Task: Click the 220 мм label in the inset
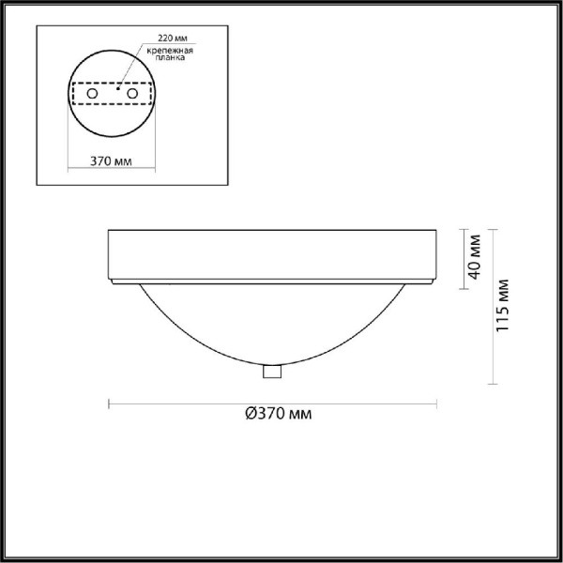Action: point(173,38)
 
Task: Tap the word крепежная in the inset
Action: point(170,51)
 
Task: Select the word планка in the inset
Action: point(170,57)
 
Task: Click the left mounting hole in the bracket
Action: point(92,94)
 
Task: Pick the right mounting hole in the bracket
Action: point(132,94)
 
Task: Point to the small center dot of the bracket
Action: point(117,88)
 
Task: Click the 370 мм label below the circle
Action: point(111,161)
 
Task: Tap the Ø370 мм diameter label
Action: point(279,414)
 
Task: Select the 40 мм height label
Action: point(474,257)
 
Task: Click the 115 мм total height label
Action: point(502,305)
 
